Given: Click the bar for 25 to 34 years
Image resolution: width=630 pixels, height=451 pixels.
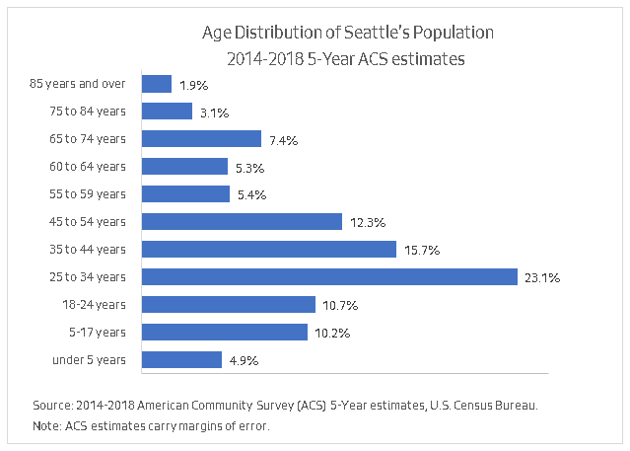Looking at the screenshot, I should click(x=329, y=276).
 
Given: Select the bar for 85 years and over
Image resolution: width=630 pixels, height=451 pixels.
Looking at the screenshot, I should click(x=157, y=84).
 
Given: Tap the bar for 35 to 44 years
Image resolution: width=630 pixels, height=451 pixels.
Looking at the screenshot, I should click(x=269, y=249).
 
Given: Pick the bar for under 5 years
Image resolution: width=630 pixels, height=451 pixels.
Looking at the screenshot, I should click(x=181, y=359).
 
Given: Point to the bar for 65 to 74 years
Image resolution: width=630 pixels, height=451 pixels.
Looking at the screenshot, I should click(x=201, y=139).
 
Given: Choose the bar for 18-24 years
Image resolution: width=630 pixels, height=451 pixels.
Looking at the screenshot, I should click(x=229, y=304).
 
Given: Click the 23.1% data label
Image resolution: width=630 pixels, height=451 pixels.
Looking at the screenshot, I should click(x=542, y=278).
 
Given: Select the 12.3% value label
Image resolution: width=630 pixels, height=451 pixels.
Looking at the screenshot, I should click(x=367, y=223).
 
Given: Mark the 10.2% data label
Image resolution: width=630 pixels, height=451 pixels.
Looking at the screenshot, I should click(x=332, y=334).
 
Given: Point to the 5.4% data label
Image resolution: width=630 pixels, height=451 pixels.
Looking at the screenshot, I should click(x=252, y=195).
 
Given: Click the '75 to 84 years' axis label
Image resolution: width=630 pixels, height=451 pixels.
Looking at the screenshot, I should click(x=88, y=111).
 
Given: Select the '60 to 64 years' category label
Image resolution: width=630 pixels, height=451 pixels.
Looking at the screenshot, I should click(x=88, y=166).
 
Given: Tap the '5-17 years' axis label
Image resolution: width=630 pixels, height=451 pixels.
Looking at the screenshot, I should click(x=99, y=332).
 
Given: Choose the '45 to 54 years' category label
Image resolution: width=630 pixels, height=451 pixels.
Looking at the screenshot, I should click(x=88, y=221).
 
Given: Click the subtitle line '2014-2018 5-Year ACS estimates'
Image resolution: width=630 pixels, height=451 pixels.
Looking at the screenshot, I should click(x=345, y=59).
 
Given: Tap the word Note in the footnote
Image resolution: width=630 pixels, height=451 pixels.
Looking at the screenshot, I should click(x=45, y=425).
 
